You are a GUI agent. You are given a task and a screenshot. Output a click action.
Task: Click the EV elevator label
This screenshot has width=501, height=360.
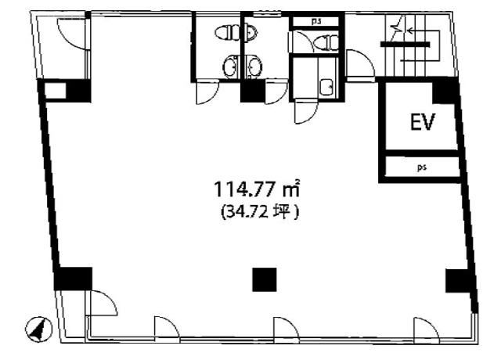(423, 121)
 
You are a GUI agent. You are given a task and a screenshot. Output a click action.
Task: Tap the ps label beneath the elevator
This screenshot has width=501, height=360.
(422, 167)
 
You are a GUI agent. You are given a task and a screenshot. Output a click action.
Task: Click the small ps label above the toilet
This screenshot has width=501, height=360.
(316, 21)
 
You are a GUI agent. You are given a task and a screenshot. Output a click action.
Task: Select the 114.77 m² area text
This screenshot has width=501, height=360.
(258, 189)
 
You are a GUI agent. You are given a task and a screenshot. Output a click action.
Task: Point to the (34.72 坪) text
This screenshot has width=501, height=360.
(260, 212)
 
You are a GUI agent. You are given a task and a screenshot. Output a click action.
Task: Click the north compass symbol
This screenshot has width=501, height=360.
(38, 329)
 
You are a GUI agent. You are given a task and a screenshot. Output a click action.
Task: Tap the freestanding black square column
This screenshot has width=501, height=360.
(265, 279)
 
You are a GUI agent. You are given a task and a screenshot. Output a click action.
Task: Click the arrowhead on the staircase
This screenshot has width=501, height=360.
(409, 31)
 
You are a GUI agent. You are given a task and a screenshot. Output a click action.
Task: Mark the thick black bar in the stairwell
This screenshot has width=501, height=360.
(405, 45)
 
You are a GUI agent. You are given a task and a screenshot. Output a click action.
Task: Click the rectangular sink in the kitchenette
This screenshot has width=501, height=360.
(326, 87)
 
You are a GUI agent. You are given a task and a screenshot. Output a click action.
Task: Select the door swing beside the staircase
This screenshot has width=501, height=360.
(360, 63)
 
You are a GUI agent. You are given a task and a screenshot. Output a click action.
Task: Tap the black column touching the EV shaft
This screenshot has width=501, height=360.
(444, 92)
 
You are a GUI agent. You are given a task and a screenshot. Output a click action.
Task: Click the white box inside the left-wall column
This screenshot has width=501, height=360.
(56, 91)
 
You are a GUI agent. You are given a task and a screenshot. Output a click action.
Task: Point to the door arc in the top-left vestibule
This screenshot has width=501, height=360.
(71, 34)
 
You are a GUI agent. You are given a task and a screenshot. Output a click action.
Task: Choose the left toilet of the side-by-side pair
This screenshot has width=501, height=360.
(227, 33)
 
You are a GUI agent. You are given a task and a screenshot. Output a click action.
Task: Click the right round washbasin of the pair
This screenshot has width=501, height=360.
(254, 67)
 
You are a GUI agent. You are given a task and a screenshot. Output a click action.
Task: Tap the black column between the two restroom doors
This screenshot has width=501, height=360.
(253, 92)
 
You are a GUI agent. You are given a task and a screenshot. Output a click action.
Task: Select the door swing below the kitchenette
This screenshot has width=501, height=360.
(306, 112)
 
